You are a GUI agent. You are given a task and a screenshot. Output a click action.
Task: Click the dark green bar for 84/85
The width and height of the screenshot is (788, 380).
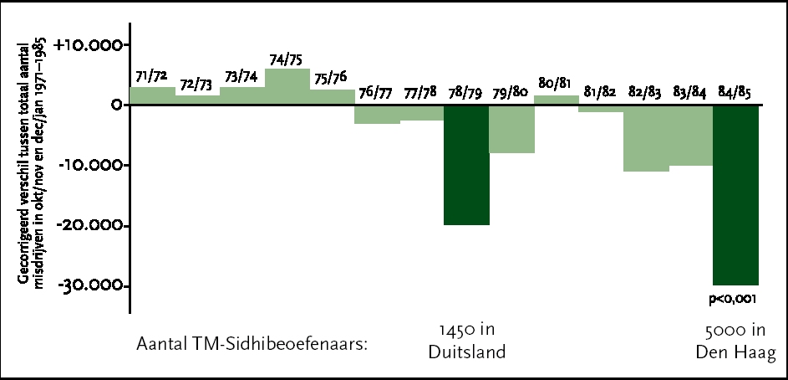click(735, 194)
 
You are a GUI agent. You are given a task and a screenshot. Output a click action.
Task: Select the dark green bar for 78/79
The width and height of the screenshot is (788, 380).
click(466, 164)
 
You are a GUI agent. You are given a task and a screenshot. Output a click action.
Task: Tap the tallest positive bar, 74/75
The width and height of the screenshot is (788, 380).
click(287, 86)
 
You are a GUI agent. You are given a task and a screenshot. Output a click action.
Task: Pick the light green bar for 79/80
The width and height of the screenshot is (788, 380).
click(511, 129)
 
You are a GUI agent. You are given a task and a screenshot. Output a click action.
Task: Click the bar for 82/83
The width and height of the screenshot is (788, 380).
click(646, 138)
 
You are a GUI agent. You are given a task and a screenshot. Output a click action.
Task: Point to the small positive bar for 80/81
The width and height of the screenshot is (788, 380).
click(556, 100)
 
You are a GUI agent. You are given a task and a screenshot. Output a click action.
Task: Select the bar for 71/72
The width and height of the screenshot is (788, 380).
click(152, 95)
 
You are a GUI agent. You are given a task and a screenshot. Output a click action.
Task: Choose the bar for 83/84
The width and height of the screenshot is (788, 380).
click(690, 135)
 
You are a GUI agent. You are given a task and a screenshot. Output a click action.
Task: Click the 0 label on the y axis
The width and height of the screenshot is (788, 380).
click(115, 105)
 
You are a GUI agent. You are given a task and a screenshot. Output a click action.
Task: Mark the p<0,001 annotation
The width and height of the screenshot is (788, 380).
click(735, 296)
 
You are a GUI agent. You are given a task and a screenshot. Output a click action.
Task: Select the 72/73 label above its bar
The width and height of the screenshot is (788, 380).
click(198, 84)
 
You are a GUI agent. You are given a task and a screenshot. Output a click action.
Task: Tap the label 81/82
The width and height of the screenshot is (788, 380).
click(601, 92)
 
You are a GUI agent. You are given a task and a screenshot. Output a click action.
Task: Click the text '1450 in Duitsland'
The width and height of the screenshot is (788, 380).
click(466, 340)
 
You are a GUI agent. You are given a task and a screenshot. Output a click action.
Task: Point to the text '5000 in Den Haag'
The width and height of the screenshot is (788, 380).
click(735, 341)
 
